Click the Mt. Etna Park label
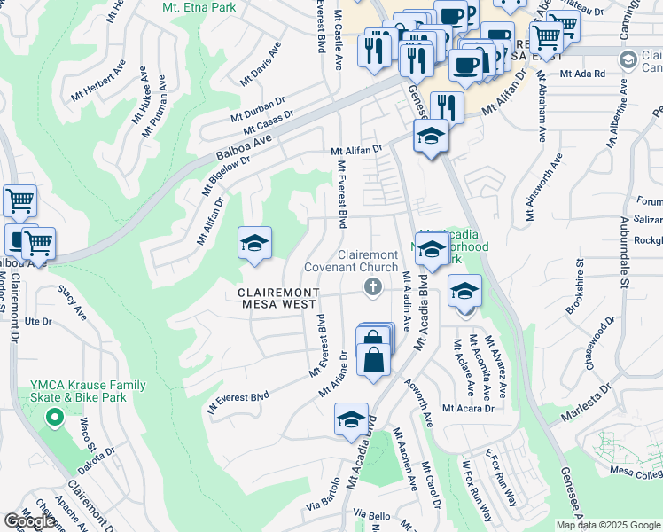click(199, 7)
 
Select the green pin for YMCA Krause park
click(54, 416)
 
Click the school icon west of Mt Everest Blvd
click(254, 244)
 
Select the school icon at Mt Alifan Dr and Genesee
click(431, 137)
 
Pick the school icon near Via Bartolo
click(352, 419)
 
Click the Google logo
click(29, 521)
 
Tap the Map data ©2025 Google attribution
click(607, 525)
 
